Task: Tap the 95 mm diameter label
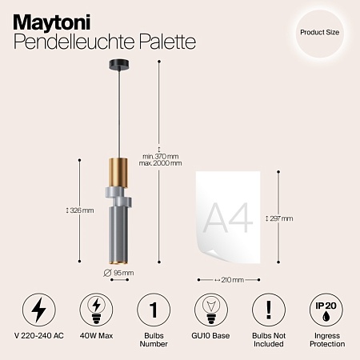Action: pos(120,273)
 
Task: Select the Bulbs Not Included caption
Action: pos(268,343)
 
